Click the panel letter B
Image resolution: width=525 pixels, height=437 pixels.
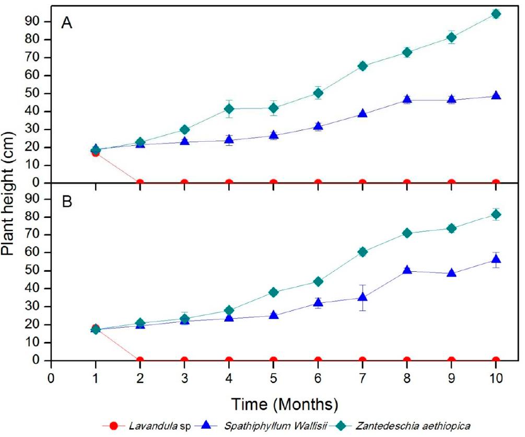pos(66,201)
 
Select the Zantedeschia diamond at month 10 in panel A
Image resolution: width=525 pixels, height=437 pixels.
pos(496,14)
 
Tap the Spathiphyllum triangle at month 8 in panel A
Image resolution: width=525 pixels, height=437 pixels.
pos(407,99)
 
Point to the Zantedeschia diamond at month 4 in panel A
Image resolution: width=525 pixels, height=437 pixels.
pos(229,109)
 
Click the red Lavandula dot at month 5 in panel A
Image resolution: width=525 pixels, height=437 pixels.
pos(273,183)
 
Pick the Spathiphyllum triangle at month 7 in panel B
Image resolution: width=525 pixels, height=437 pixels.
pos(363,297)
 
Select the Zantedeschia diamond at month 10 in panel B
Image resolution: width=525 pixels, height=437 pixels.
pos(496,214)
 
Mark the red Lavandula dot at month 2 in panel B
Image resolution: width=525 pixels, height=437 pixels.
pos(140,360)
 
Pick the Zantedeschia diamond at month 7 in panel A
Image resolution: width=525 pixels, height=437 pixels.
pos(363,66)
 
